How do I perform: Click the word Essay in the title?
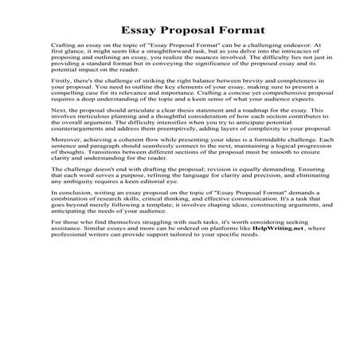pyautogui.click(x=139, y=30)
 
